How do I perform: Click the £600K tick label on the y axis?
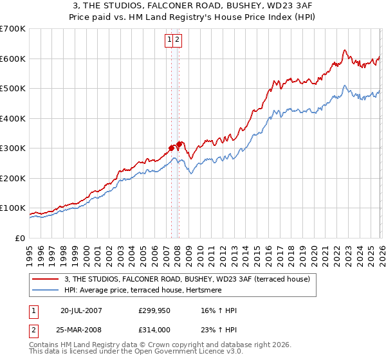[13, 59]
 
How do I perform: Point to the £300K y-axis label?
[13, 148]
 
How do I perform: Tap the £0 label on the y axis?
[19, 238]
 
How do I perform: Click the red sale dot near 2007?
[171, 148]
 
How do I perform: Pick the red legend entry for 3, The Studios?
[187, 279]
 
